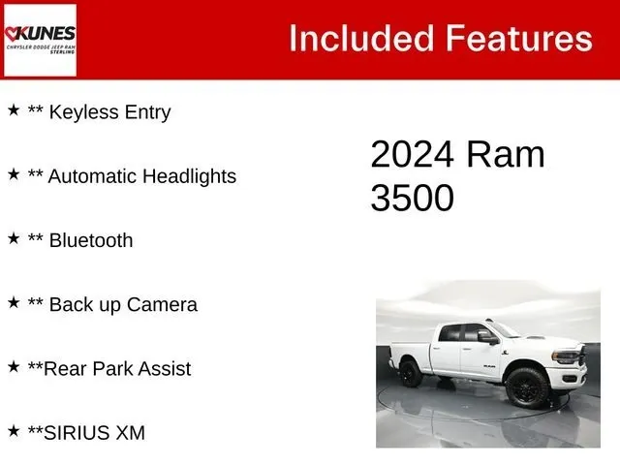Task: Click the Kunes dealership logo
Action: click(40, 40)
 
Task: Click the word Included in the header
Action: click(361, 39)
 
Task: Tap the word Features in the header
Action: click(519, 38)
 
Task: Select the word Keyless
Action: click(84, 112)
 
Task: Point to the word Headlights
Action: click(189, 176)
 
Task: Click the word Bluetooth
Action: click(91, 240)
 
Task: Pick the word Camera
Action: click(162, 305)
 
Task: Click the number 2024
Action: click(412, 154)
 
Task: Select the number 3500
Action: click(412, 198)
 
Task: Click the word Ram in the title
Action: click(506, 154)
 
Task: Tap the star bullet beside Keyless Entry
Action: click(14, 109)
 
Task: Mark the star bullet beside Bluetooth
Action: click(14, 238)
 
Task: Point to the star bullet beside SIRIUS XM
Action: click(14, 430)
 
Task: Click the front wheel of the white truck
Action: click(527, 388)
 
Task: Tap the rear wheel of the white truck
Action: click(411, 373)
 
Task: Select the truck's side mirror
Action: click(487, 337)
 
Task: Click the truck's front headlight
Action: click(566, 356)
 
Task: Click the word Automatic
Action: click(93, 176)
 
